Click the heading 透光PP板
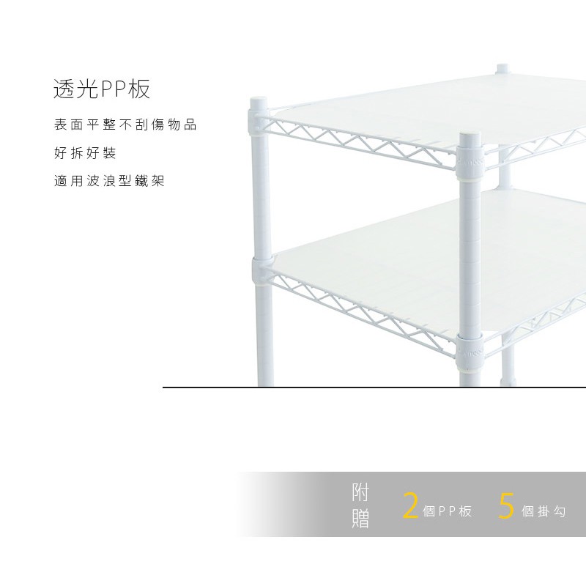[x=102, y=89]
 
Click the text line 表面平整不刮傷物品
[x=125, y=125]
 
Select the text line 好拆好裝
[x=85, y=153]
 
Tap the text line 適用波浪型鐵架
[x=109, y=180]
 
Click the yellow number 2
[x=411, y=506]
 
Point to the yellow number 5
[x=506, y=506]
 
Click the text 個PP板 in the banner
[x=447, y=511]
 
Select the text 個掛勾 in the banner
[x=544, y=511]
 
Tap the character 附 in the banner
[x=360, y=492]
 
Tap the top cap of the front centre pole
[x=469, y=135]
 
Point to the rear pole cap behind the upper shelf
[x=502, y=69]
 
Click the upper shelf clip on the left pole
[x=259, y=123]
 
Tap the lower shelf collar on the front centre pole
[x=469, y=349]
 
